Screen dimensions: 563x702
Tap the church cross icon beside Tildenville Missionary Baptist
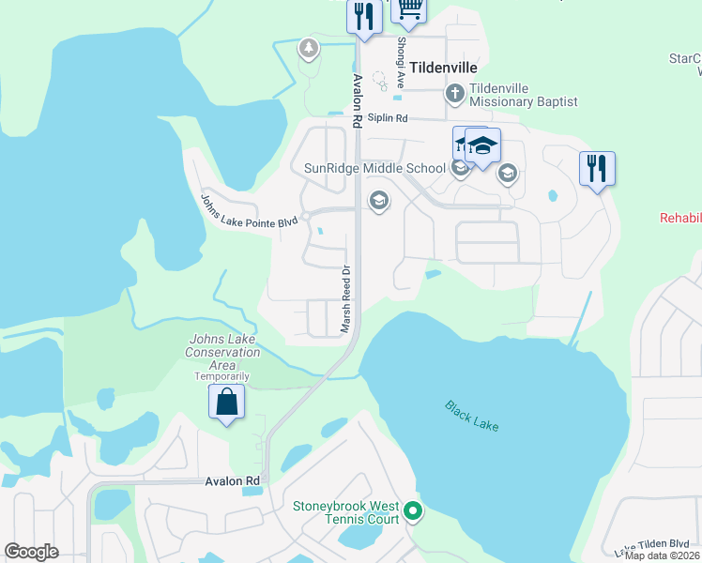[x=454, y=93]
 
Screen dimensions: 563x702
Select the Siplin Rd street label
[x=388, y=118]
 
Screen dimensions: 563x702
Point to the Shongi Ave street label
[x=401, y=58]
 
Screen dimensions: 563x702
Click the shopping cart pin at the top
[x=409, y=8]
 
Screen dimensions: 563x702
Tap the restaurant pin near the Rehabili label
[x=597, y=169]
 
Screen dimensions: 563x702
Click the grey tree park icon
[x=308, y=47]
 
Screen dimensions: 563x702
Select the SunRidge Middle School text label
[x=374, y=169]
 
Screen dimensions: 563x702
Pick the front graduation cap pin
[x=482, y=146]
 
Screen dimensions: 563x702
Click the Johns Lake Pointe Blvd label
[x=249, y=208]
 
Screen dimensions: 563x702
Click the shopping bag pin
[x=226, y=403]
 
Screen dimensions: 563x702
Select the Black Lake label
[x=472, y=416]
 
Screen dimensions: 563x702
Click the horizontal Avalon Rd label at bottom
[x=232, y=480]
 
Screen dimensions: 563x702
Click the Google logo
[x=32, y=551]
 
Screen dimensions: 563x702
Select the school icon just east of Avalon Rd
[x=379, y=200]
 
